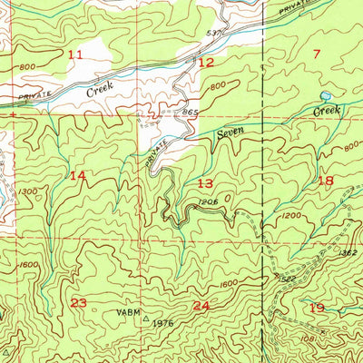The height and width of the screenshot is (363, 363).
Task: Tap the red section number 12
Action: [207, 62]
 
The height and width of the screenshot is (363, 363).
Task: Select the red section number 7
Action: [317, 54]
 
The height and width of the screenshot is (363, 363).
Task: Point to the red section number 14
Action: [78, 175]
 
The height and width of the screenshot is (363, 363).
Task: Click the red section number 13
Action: [205, 183]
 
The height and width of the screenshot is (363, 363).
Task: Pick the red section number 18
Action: [326, 181]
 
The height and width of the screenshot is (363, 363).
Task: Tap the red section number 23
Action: [79, 303]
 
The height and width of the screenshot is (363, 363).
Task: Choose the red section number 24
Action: [201, 307]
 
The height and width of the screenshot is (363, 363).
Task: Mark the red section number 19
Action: [317, 308]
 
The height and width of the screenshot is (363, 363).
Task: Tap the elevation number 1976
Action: [162, 322]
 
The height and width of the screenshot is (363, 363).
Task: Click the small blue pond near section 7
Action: [325, 95]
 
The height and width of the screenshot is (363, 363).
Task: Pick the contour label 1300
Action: [27, 192]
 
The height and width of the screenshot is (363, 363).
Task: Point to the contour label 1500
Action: [30, 264]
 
